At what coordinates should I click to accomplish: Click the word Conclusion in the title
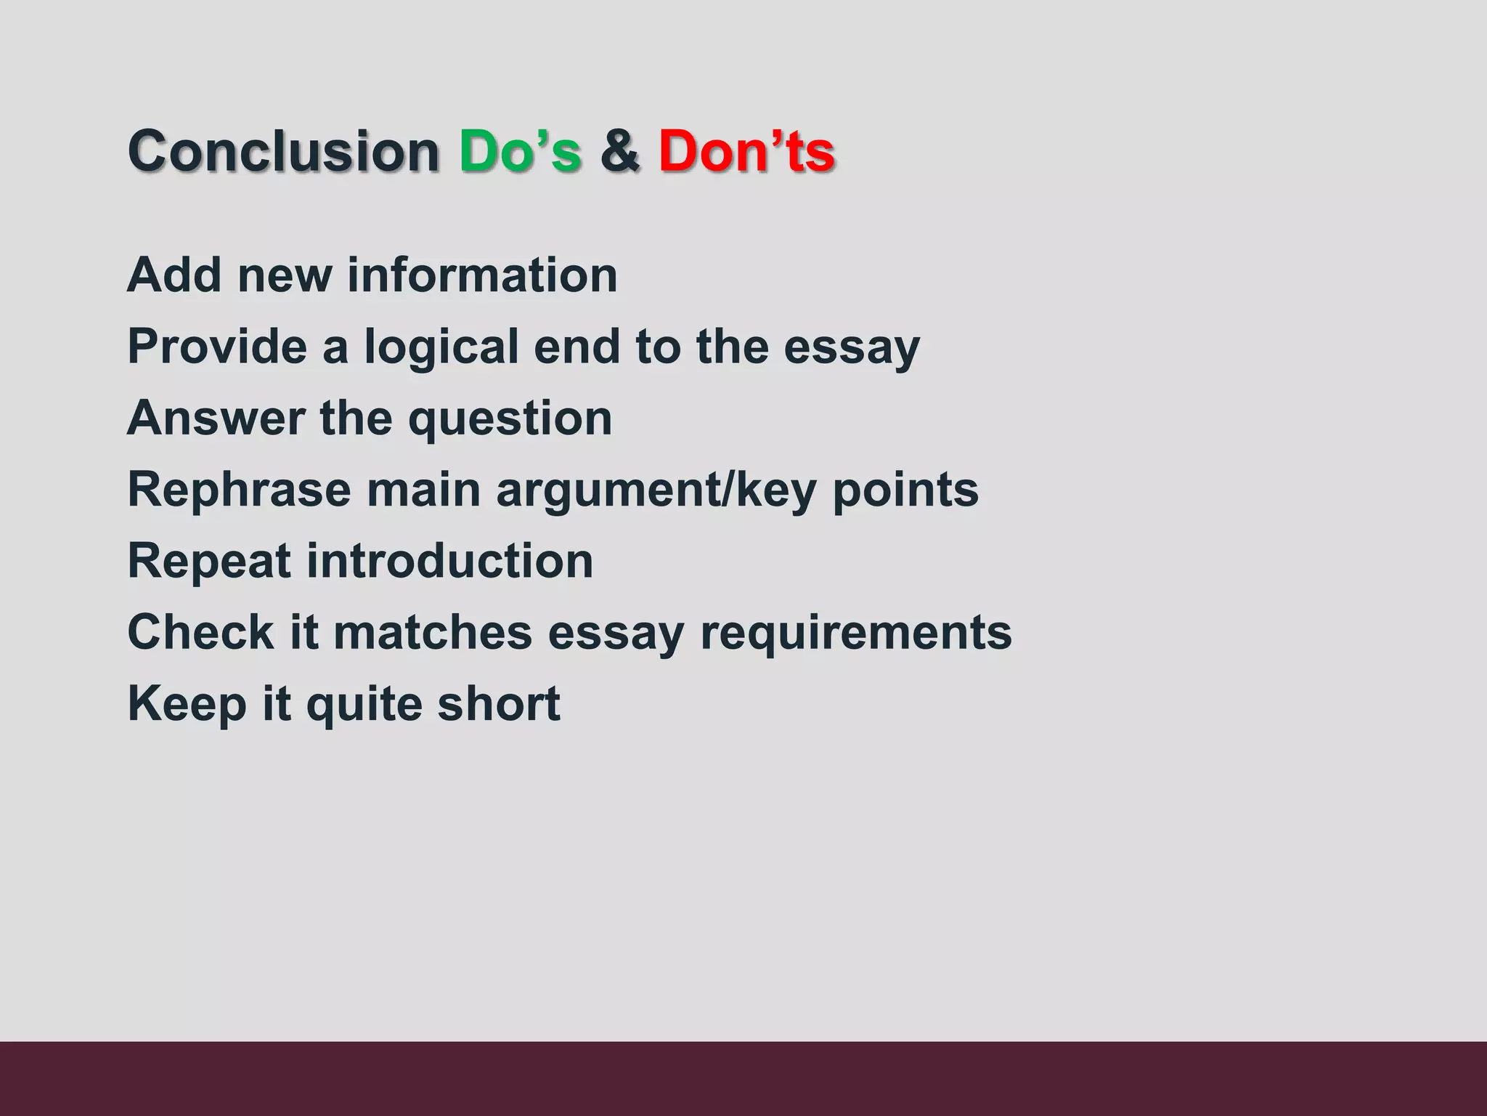coord(283,151)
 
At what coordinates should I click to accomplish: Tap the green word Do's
coord(520,151)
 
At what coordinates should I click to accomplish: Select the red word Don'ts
coord(747,151)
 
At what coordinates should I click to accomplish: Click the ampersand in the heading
coord(620,151)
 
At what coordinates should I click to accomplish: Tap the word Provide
coord(217,347)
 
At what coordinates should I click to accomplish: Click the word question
coord(510,419)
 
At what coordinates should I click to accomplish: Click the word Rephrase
coord(239,490)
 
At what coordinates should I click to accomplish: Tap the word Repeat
coord(209,562)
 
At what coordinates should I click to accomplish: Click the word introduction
coord(449,561)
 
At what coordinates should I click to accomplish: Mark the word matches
coord(433,631)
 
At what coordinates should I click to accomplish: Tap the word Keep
coord(187,704)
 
